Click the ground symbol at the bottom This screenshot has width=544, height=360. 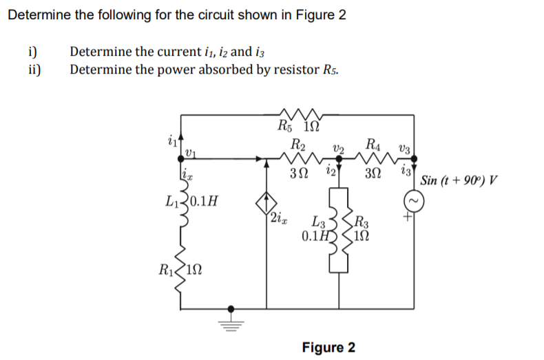click(x=231, y=318)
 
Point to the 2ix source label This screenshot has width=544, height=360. click(x=282, y=219)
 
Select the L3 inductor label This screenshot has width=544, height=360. click(x=318, y=222)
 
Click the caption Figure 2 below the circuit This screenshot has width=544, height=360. click(x=328, y=346)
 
